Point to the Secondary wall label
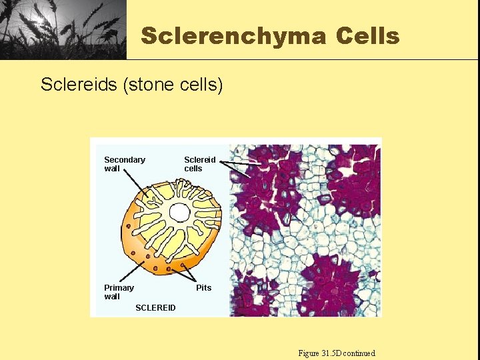point(124,164)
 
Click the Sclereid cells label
point(199,164)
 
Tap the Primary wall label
point(119,292)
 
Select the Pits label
point(203,288)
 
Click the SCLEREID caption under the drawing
point(155,308)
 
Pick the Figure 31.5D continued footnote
point(337,353)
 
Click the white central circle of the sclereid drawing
point(179,213)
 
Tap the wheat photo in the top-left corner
point(63,29)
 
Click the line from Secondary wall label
point(137,185)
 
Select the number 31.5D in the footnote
point(331,353)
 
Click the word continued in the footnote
point(359,353)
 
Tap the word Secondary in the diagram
point(124,160)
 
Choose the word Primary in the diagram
point(119,288)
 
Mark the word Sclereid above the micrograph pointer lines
point(199,160)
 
